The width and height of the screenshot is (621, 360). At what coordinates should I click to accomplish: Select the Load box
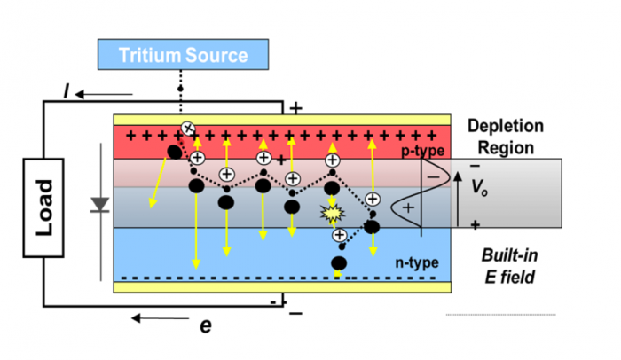46,208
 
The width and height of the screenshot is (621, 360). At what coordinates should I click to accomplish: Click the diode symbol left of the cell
100,205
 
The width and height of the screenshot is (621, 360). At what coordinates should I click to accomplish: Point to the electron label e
206,325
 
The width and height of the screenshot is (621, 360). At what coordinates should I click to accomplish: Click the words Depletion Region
505,136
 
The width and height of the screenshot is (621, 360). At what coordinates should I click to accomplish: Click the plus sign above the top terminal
295,107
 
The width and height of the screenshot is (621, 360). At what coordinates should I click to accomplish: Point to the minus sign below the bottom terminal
295,311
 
